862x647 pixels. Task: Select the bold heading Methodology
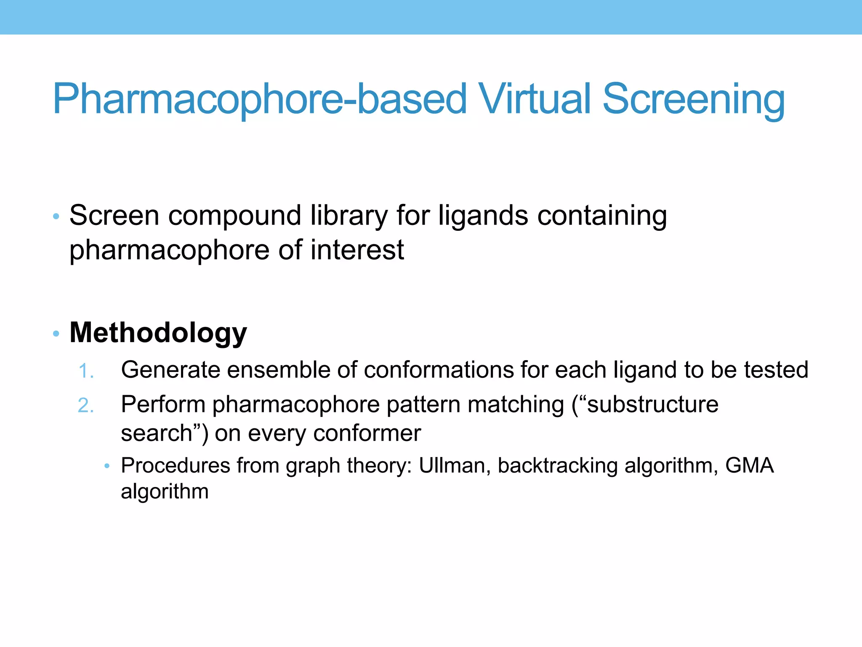click(158, 333)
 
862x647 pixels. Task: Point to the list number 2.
click(85, 406)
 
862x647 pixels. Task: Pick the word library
click(349, 217)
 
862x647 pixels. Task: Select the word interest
click(357, 250)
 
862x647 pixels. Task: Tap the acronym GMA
click(749, 465)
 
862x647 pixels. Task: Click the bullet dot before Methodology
click(56, 334)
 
